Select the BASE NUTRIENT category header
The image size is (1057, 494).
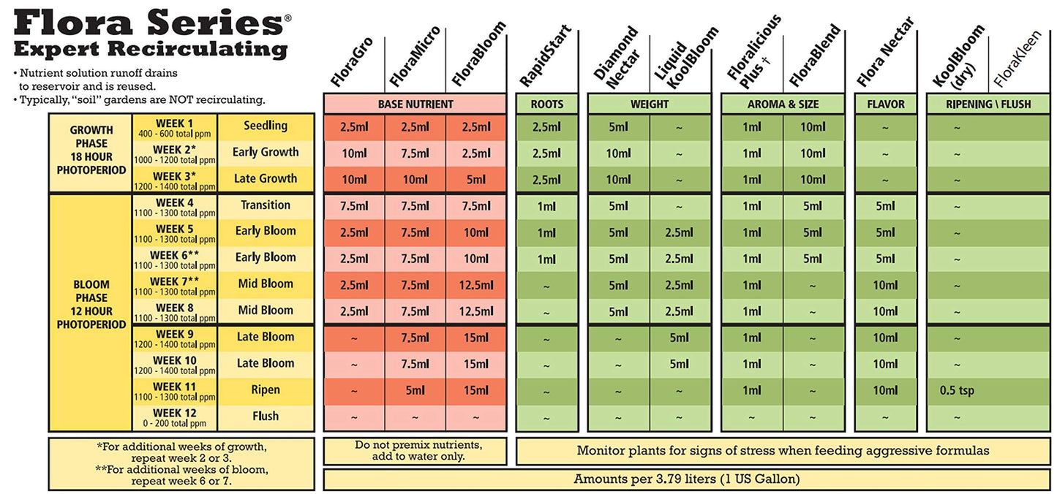(415, 104)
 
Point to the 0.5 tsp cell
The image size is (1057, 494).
(957, 390)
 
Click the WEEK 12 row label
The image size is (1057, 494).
(175, 417)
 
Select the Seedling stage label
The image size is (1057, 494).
(266, 126)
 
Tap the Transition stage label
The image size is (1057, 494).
(266, 205)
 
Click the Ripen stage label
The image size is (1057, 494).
(266, 390)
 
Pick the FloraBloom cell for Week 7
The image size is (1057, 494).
(476, 284)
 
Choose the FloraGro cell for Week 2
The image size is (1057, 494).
(354, 153)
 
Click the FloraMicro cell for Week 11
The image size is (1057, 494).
(415, 390)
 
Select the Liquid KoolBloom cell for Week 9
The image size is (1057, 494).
(680, 338)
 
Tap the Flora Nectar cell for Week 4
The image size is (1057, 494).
(885, 206)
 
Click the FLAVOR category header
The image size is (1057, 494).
(885, 104)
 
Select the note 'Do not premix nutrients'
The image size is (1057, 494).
(415, 450)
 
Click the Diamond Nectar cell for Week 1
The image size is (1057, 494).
(618, 126)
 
